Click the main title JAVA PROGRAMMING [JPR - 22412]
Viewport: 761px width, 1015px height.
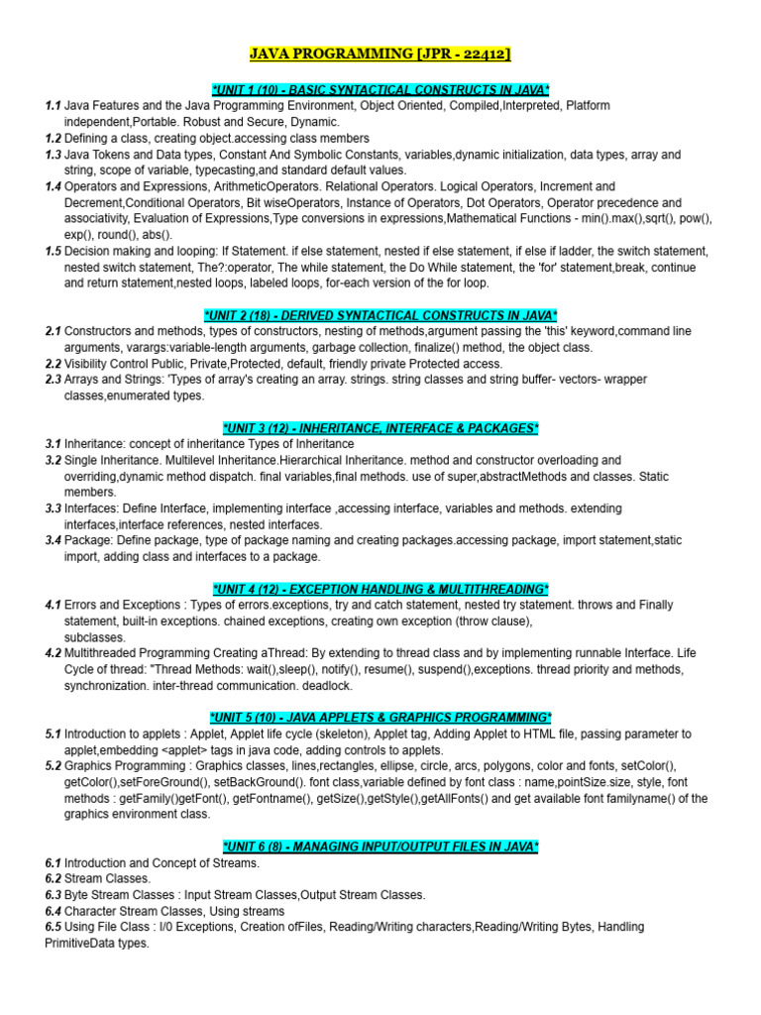pos(380,54)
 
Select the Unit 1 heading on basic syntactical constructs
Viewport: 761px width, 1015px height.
pos(380,89)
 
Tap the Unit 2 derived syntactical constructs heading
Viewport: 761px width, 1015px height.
pos(380,315)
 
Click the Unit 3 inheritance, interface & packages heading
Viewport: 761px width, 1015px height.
pos(380,428)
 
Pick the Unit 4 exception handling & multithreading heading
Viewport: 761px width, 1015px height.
pos(380,589)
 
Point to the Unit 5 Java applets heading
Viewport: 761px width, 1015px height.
pos(380,718)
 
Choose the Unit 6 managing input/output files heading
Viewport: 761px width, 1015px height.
pos(380,846)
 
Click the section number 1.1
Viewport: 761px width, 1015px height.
pos(53,105)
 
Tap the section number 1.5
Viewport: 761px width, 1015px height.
pos(53,252)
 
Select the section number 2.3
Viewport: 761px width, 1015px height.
pos(53,380)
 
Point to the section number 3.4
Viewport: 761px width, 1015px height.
pos(53,541)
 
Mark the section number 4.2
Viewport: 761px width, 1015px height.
pos(53,653)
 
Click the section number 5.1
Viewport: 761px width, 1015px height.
pos(53,734)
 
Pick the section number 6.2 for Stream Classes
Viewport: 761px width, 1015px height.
pos(53,879)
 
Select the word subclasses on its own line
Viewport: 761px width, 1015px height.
pos(95,637)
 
